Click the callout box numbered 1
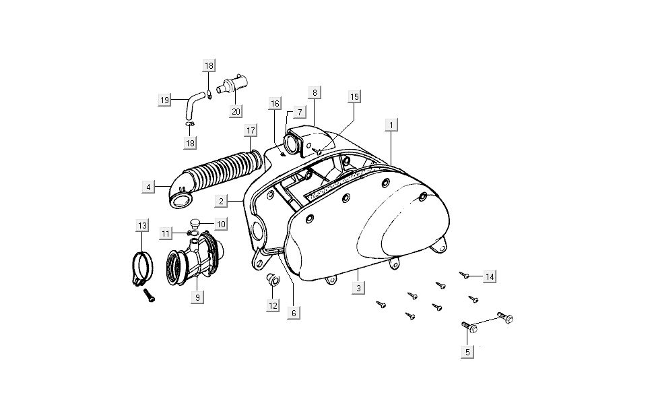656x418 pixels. tap(391, 125)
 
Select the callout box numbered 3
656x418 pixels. tap(359, 288)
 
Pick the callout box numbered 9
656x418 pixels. tap(197, 296)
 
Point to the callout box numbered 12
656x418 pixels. tap(273, 305)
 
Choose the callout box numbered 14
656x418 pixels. tap(490, 277)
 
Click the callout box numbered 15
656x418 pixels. tap(354, 97)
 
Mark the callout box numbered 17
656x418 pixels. tap(251, 129)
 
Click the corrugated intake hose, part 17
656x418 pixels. tap(222, 169)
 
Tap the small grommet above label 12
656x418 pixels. tap(273, 280)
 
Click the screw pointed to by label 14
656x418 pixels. tap(465, 274)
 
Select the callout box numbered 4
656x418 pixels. tap(148, 186)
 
